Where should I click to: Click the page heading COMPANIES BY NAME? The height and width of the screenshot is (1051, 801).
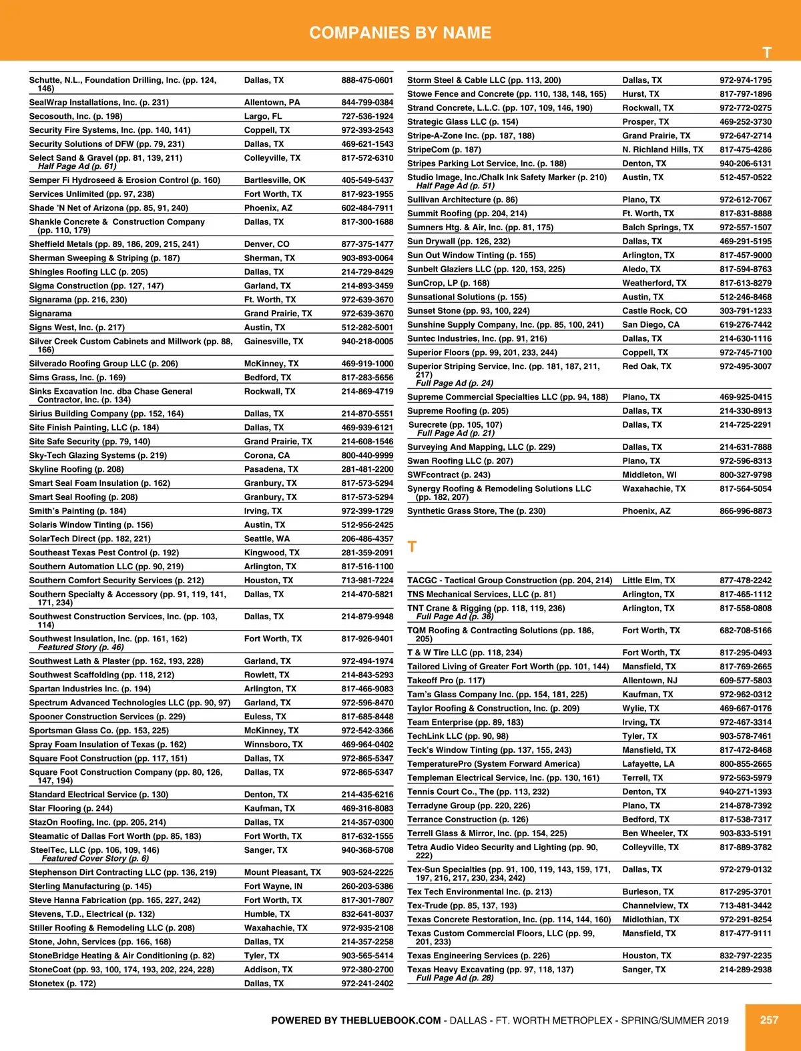(x=400, y=33)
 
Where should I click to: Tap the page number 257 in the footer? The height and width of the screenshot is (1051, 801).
(x=769, y=1020)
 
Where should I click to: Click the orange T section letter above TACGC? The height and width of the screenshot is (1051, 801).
(x=412, y=547)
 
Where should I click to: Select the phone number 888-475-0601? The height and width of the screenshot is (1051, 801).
(x=367, y=80)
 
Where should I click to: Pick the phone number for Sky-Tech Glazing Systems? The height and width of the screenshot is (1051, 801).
(x=367, y=455)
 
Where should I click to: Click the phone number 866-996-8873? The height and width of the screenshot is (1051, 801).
(x=745, y=511)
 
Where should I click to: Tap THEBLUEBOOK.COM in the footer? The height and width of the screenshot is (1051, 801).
(x=390, y=1020)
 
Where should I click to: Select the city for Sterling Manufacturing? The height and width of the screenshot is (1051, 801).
(x=273, y=886)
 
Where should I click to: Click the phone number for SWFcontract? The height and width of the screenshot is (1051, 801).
(x=745, y=475)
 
